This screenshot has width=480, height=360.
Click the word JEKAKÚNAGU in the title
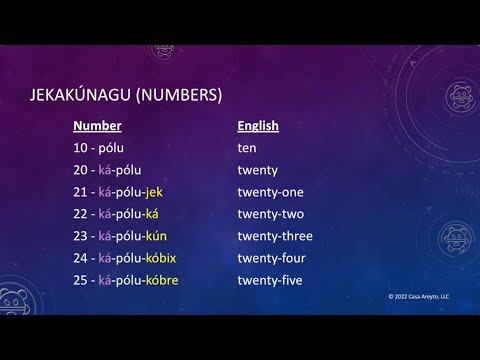click(x=81, y=96)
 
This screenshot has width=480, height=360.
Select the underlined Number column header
click(x=98, y=126)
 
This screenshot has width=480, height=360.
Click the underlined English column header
click(x=258, y=126)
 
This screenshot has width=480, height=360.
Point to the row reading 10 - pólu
click(x=98, y=148)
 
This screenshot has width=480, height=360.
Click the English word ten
click(x=246, y=148)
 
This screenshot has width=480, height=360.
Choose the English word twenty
click(x=258, y=170)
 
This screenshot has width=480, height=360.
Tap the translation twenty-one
click(x=270, y=192)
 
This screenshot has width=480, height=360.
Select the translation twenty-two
click(x=270, y=214)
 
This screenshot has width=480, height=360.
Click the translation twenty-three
click(x=275, y=236)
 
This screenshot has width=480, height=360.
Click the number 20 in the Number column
click(x=81, y=170)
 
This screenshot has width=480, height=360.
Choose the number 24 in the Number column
click(x=81, y=258)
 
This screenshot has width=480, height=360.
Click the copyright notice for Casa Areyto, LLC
click(x=421, y=298)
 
